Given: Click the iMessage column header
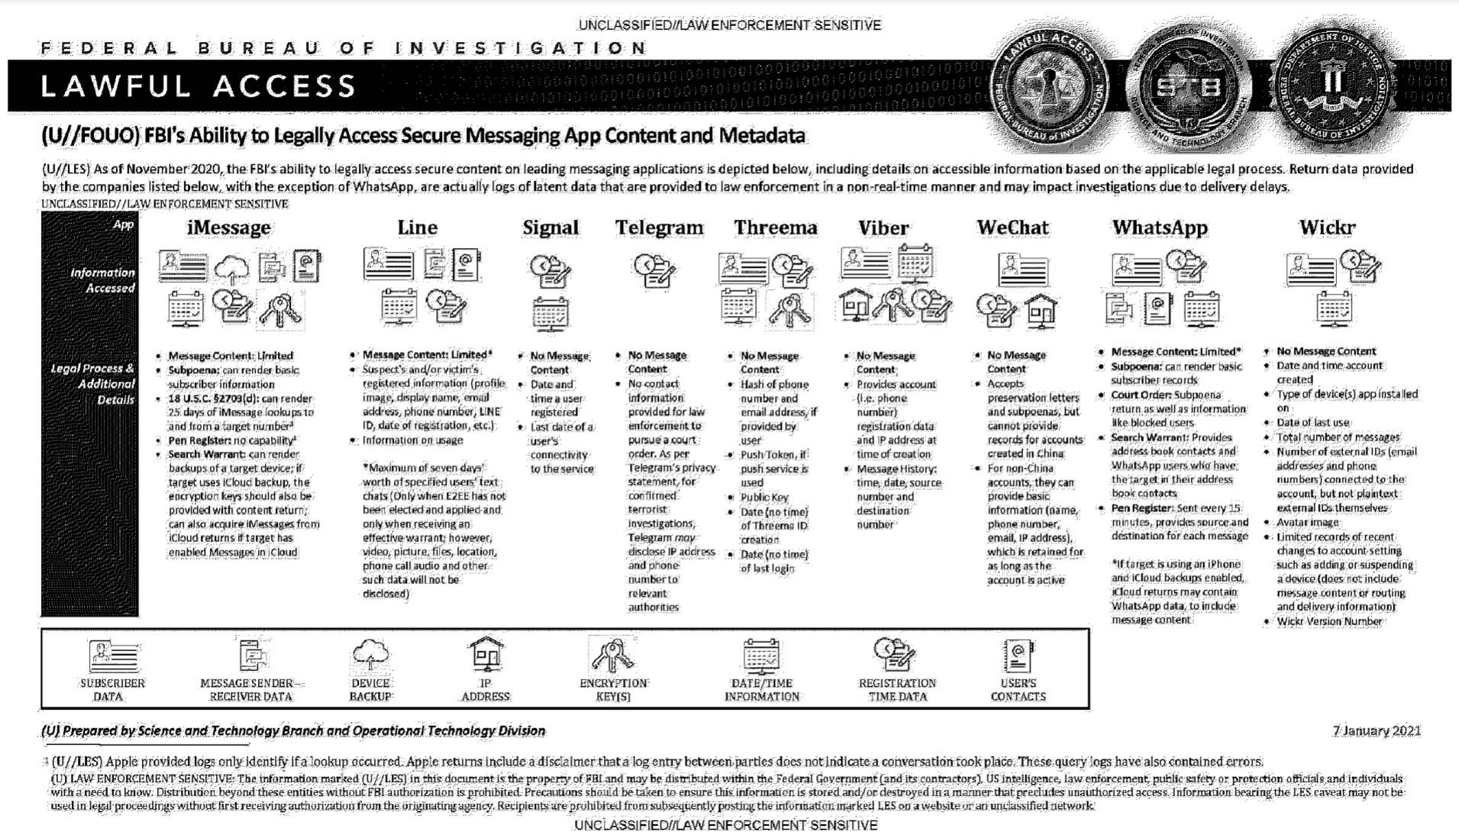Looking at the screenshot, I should point(228,227).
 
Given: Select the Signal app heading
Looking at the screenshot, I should point(550,227).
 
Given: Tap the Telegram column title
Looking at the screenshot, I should point(659,227).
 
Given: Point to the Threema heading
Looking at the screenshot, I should point(775,227).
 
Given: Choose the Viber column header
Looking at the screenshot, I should point(883,228).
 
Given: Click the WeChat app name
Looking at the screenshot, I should point(1012,227).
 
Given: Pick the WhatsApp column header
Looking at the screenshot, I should point(1160,227).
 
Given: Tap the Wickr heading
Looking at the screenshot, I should point(1327,227).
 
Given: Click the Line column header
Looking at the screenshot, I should point(418,227).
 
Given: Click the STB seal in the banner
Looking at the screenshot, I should point(1187,85).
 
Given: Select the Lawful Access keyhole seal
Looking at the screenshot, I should point(1050,85).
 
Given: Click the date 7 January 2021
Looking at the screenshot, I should point(1377,730).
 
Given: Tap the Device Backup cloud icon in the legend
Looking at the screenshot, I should point(371,655).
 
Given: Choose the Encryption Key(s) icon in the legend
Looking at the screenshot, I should point(613,655).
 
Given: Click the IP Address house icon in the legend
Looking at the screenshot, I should point(486,655).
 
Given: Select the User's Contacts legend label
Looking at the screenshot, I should point(1018,690).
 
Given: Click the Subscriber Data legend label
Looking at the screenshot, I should point(111,690).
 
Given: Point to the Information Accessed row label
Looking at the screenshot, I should point(102,280).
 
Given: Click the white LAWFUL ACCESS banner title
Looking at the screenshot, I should point(199,86).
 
